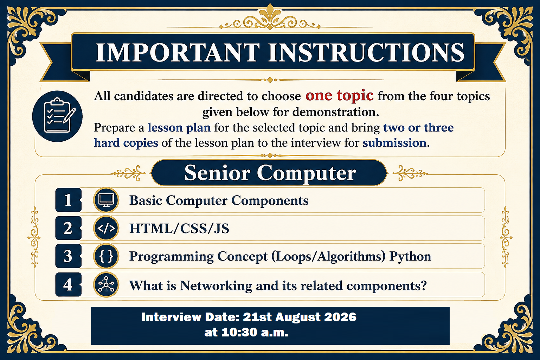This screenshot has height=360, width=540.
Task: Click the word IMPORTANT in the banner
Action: (178, 53)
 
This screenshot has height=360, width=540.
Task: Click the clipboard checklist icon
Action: (57, 116)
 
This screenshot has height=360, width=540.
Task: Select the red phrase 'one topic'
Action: (339, 96)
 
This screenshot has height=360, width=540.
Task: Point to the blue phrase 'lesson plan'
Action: (179, 128)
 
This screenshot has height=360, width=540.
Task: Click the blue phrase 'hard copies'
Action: (126, 143)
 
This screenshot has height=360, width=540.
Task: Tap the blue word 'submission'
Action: (395, 143)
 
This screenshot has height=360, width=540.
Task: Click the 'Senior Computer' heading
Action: (270, 173)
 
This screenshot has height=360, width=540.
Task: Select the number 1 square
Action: (69, 200)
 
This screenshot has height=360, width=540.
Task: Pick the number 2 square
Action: (69, 228)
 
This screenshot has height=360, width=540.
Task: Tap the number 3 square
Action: (69, 256)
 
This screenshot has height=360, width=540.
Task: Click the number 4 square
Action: (69, 284)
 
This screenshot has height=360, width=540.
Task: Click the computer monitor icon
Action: (106, 200)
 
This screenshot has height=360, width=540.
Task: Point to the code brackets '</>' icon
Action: (106, 229)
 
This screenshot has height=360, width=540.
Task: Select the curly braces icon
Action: (106, 256)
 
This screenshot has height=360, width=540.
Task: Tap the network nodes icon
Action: (106, 285)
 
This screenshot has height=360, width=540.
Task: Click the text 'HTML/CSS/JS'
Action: (179, 229)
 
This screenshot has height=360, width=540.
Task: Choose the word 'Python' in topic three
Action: (410, 257)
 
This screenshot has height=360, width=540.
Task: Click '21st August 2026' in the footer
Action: (300, 317)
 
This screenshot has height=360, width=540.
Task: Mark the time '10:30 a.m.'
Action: (255, 332)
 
